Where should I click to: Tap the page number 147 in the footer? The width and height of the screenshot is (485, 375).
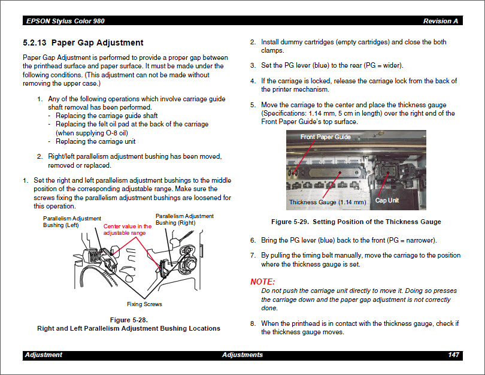453,355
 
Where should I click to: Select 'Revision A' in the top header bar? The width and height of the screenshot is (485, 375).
441,21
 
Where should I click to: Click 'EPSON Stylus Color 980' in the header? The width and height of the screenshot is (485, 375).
65,21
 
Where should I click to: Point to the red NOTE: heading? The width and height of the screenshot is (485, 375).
262,282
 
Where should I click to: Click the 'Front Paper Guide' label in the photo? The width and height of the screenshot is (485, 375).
325,137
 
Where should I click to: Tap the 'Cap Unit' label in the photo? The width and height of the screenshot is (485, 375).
386,200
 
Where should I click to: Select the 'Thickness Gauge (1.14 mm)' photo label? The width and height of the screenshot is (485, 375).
327,202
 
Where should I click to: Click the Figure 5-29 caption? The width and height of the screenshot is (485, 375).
356,222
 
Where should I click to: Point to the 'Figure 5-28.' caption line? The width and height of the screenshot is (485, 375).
129,319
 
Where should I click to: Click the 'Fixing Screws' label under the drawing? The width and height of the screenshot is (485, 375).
144,304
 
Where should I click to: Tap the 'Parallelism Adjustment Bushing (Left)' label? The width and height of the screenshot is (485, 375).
72,222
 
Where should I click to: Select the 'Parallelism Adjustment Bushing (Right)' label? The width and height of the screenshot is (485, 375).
184,219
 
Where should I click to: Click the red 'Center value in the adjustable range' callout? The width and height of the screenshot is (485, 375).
128,229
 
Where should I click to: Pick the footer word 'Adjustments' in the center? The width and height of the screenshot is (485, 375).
242,355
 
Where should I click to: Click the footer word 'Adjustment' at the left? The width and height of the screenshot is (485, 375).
43,355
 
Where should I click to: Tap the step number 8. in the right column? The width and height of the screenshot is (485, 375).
253,323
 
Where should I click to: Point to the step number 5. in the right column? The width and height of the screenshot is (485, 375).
253,104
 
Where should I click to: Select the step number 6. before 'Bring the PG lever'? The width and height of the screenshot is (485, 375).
253,240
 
